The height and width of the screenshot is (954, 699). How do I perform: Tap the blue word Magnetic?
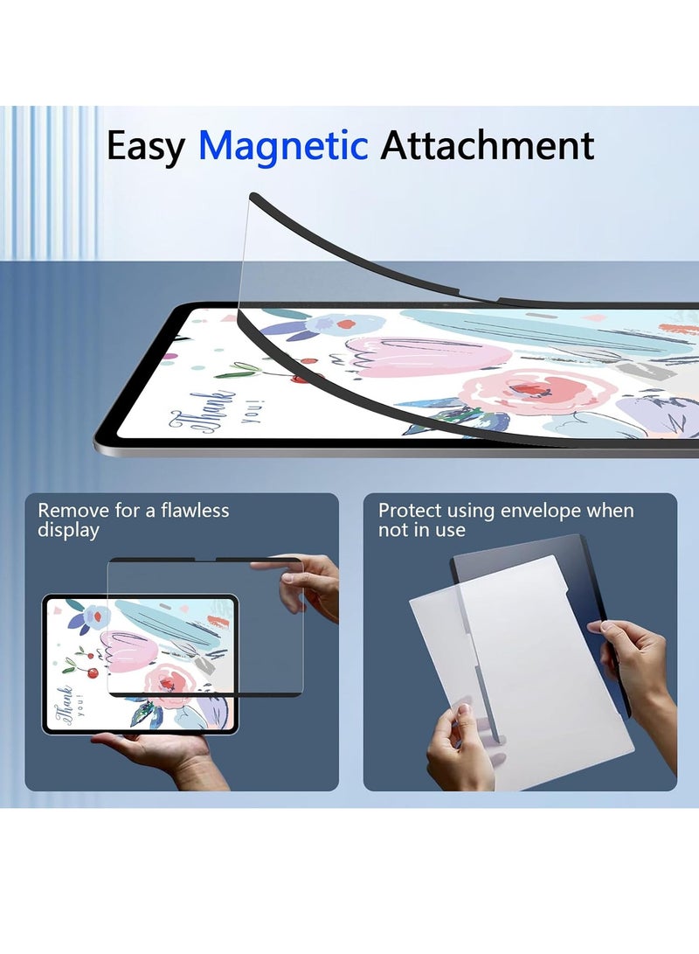tap(283, 145)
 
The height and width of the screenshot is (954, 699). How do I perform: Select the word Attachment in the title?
tap(487, 145)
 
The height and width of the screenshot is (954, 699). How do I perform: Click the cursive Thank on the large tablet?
tap(218, 410)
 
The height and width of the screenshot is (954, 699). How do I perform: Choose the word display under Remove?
tap(68, 530)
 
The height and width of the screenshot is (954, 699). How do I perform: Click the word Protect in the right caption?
tap(409, 511)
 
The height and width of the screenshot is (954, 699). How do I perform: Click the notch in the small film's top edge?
tap(205, 561)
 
